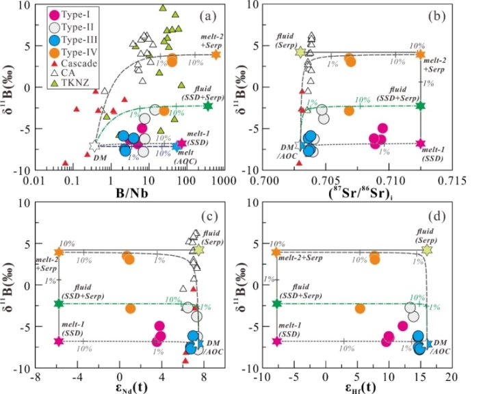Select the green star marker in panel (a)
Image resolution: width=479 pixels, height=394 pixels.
coord(208,105)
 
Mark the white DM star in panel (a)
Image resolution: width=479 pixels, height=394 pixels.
coord(94,146)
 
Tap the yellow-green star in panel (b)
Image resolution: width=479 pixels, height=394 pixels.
coord(300,51)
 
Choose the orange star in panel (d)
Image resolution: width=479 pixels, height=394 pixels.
coord(276,252)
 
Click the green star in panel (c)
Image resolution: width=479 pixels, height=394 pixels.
coord(59,303)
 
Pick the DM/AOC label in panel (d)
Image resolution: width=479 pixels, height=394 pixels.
coord(442,345)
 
